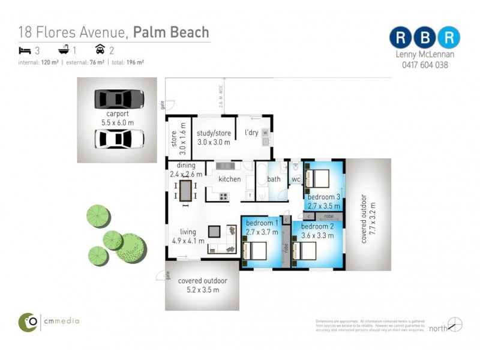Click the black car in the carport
(x=119, y=99)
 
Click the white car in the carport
(x=119, y=139)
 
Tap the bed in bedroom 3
(x=317, y=178)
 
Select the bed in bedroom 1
(x=254, y=249)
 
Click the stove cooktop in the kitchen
(x=223, y=196)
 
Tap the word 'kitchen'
(x=229, y=179)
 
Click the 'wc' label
(x=296, y=179)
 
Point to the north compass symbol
(x=455, y=325)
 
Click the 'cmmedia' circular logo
(x=28, y=322)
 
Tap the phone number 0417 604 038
(x=425, y=65)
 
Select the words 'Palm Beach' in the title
(x=171, y=32)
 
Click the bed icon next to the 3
(x=25, y=50)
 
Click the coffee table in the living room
(x=214, y=231)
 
